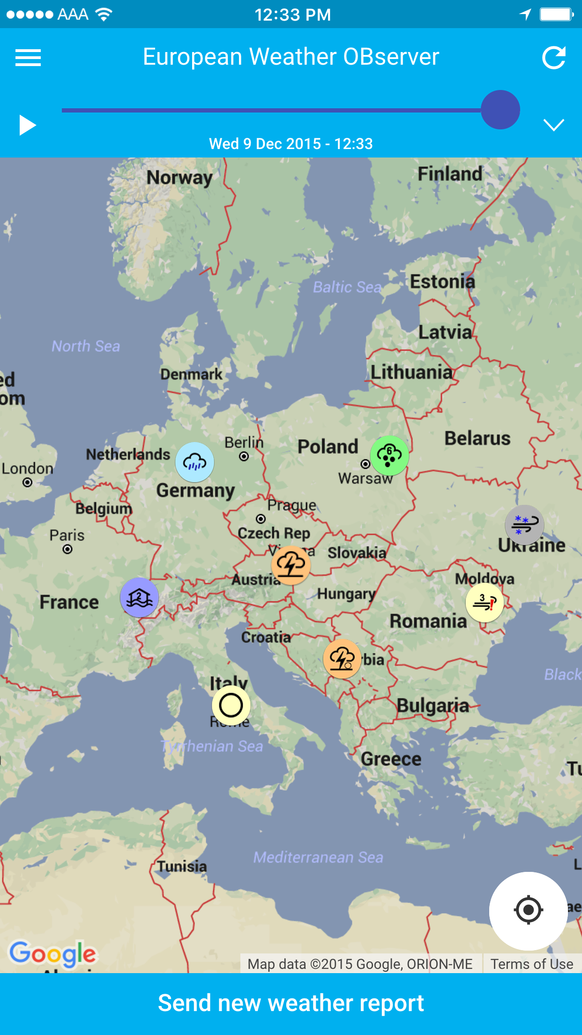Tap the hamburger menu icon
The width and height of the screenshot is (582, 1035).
coord(28,58)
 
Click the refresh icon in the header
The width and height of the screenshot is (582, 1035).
coord(553,58)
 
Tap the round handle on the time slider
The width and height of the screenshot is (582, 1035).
coord(500,110)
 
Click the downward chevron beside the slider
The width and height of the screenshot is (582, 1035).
coord(553,125)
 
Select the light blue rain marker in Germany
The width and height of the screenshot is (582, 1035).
coord(195,462)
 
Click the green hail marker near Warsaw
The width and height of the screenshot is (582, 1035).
coord(389,456)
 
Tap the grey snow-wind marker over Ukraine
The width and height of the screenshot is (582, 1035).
coord(524,525)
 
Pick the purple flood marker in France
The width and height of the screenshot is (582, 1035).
coord(139,597)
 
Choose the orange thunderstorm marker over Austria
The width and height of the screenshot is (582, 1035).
coord(291,565)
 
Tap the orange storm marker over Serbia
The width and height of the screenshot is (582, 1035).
coord(342,659)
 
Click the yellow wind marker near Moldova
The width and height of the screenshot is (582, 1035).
coord(485,602)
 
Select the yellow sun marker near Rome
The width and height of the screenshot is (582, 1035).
coord(231,705)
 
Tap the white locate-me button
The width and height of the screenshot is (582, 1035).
coord(528,910)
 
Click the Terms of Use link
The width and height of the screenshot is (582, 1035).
coord(532,964)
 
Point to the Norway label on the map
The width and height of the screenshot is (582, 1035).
coord(179,178)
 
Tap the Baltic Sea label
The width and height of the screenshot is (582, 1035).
coord(347,286)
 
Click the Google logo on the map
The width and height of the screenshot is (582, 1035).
coord(53,953)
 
